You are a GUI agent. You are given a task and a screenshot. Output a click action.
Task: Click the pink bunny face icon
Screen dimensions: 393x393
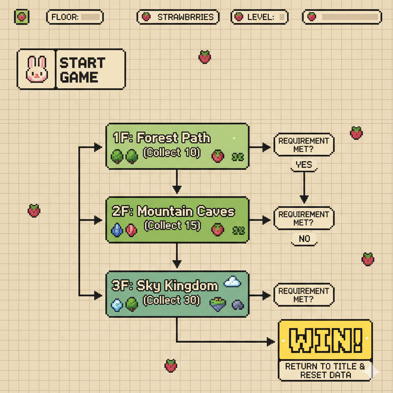pyautogui.click(x=36, y=69)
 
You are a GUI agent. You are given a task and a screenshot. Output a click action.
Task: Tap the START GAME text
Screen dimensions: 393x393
pyautogui.click(x=82, y=70)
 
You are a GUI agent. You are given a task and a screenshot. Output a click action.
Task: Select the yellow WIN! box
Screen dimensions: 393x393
pyautogui.click(x=325, y=340)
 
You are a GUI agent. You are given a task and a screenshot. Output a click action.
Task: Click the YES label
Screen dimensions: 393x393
pyautogui.click(x=304, y=165)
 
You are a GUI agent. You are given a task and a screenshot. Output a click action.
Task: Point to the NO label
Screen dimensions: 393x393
pyautogui.click(x=304, y=239)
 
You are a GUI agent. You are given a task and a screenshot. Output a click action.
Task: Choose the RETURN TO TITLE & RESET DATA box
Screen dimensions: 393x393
pyautogui.click(x=325, y=370)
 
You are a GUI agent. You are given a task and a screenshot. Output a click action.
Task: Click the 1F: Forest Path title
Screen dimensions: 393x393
pyautogui.click(x=162, y=138)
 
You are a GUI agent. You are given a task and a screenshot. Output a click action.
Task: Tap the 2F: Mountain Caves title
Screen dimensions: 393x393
pyautogui.click(x=173, y=211)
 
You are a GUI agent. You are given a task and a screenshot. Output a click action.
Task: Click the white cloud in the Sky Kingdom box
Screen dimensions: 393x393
pyautogui.click(x=232, y=282)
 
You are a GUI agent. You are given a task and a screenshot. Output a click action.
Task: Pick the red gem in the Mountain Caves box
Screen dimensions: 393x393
pyautogui.click(x=131, y=230)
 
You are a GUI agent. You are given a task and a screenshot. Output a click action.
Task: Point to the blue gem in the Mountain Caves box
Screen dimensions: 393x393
pyautogui.click(x=116, y=230)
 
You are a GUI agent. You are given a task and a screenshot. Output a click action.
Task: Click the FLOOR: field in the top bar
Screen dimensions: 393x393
pyautogui.click(x=75, y=17)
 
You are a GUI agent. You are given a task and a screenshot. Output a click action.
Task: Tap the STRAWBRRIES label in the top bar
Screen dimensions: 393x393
pyautogui.click(x=178, y=17)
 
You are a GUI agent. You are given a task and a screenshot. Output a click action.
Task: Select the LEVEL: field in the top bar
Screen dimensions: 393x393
pyautogui.click(x=259, y=17)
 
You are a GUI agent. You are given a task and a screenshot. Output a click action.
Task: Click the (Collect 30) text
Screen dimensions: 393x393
pyautogui.click(x=172, y=300)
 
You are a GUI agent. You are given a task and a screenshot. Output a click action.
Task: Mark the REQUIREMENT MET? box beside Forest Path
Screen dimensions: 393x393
pyautogui.click(x=304, y=145)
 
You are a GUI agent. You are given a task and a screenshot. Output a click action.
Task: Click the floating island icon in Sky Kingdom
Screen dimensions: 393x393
pyautogui.click(x=218, y=304)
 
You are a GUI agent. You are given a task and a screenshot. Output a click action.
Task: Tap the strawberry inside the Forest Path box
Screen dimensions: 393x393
pyautogui.click(x=218, y=156)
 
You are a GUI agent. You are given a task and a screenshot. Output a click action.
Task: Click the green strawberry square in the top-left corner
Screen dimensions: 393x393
pyautogui.click(x=21, y=17)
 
